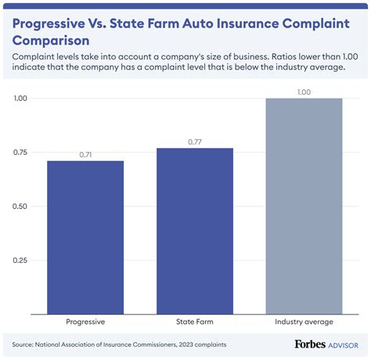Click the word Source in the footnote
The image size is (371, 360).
click(24, 344)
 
